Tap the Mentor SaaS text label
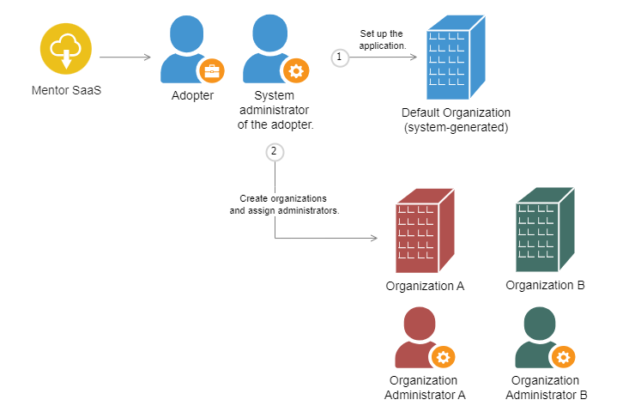pyautogui.click(x=65, y=90)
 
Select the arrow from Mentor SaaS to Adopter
pyautogui.click(x=125, y=58)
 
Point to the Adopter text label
pyautogui.click(x=192, y=95)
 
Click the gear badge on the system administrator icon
pyautogui.click(x=295, y=71)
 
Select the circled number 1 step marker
pyautogui.click(x=340, y=57)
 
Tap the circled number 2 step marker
pyautogui.click(x=275, y=152)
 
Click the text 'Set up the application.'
pyautogui.click(x=382, y=39)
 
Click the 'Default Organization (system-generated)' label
pyautogui.click(x=456, y=120)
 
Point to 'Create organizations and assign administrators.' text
pyautogui.click(x=284, y=204)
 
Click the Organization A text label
pyautogui.click(x=425, y=286)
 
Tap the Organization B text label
pyautogui.click(x=545, y=285)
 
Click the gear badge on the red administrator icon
pyautogui.click(x=443, y=356)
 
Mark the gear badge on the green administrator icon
pyautogui.click(x=563, y=356)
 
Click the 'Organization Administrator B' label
pyautogui.click(x=546, y=387)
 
